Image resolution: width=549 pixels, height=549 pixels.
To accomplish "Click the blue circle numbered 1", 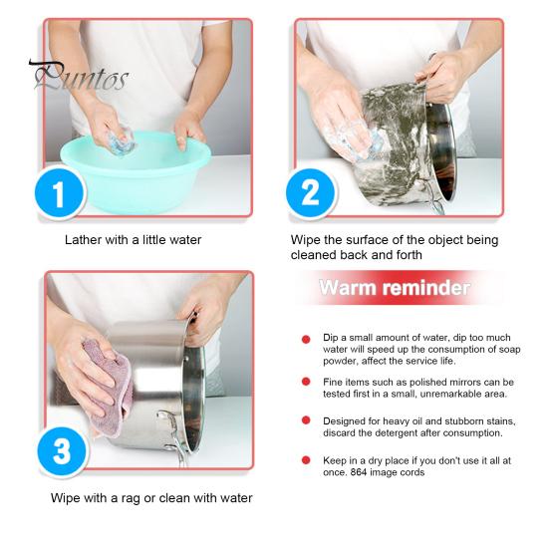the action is (x=60, y=193).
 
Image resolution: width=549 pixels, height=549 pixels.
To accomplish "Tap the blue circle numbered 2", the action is (x=310, y=193).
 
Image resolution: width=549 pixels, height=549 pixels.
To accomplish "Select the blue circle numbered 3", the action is (x=63, y=451).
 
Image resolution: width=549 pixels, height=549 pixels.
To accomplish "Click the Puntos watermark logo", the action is (x=80, y=76).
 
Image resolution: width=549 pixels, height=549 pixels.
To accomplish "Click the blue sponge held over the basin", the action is (x=121, y=141).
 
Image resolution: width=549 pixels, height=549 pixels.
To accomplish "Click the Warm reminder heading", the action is (x=395, y=288).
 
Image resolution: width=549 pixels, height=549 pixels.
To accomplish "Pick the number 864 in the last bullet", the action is (x=359, y=472).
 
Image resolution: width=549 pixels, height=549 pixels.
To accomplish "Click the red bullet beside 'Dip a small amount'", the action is (x=306, y=340).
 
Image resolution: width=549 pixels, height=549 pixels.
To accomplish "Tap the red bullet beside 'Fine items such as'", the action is (x=306, y=382).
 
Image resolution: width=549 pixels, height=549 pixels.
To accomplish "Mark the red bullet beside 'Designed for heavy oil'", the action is (x=306, y=420).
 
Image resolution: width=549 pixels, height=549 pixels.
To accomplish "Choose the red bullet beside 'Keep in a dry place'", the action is (x=306, y=459).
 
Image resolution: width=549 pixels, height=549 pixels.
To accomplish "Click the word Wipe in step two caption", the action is (x=305, y=240).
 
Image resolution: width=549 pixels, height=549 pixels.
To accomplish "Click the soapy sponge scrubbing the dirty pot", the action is (x=354, y=141).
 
